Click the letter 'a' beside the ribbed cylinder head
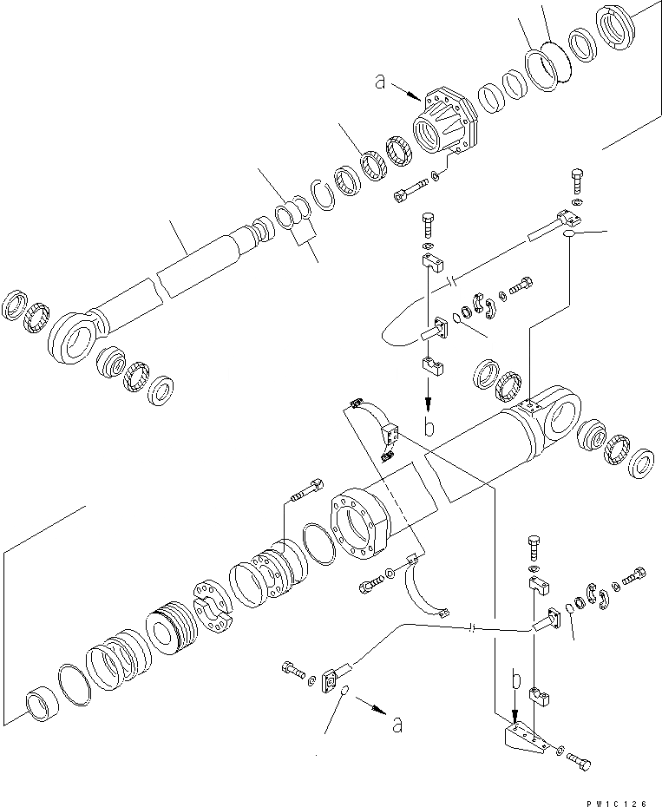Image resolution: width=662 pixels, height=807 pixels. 379,82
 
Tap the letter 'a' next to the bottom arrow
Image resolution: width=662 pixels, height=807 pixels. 397,725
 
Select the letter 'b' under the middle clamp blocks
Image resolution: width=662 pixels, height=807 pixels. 429,426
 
